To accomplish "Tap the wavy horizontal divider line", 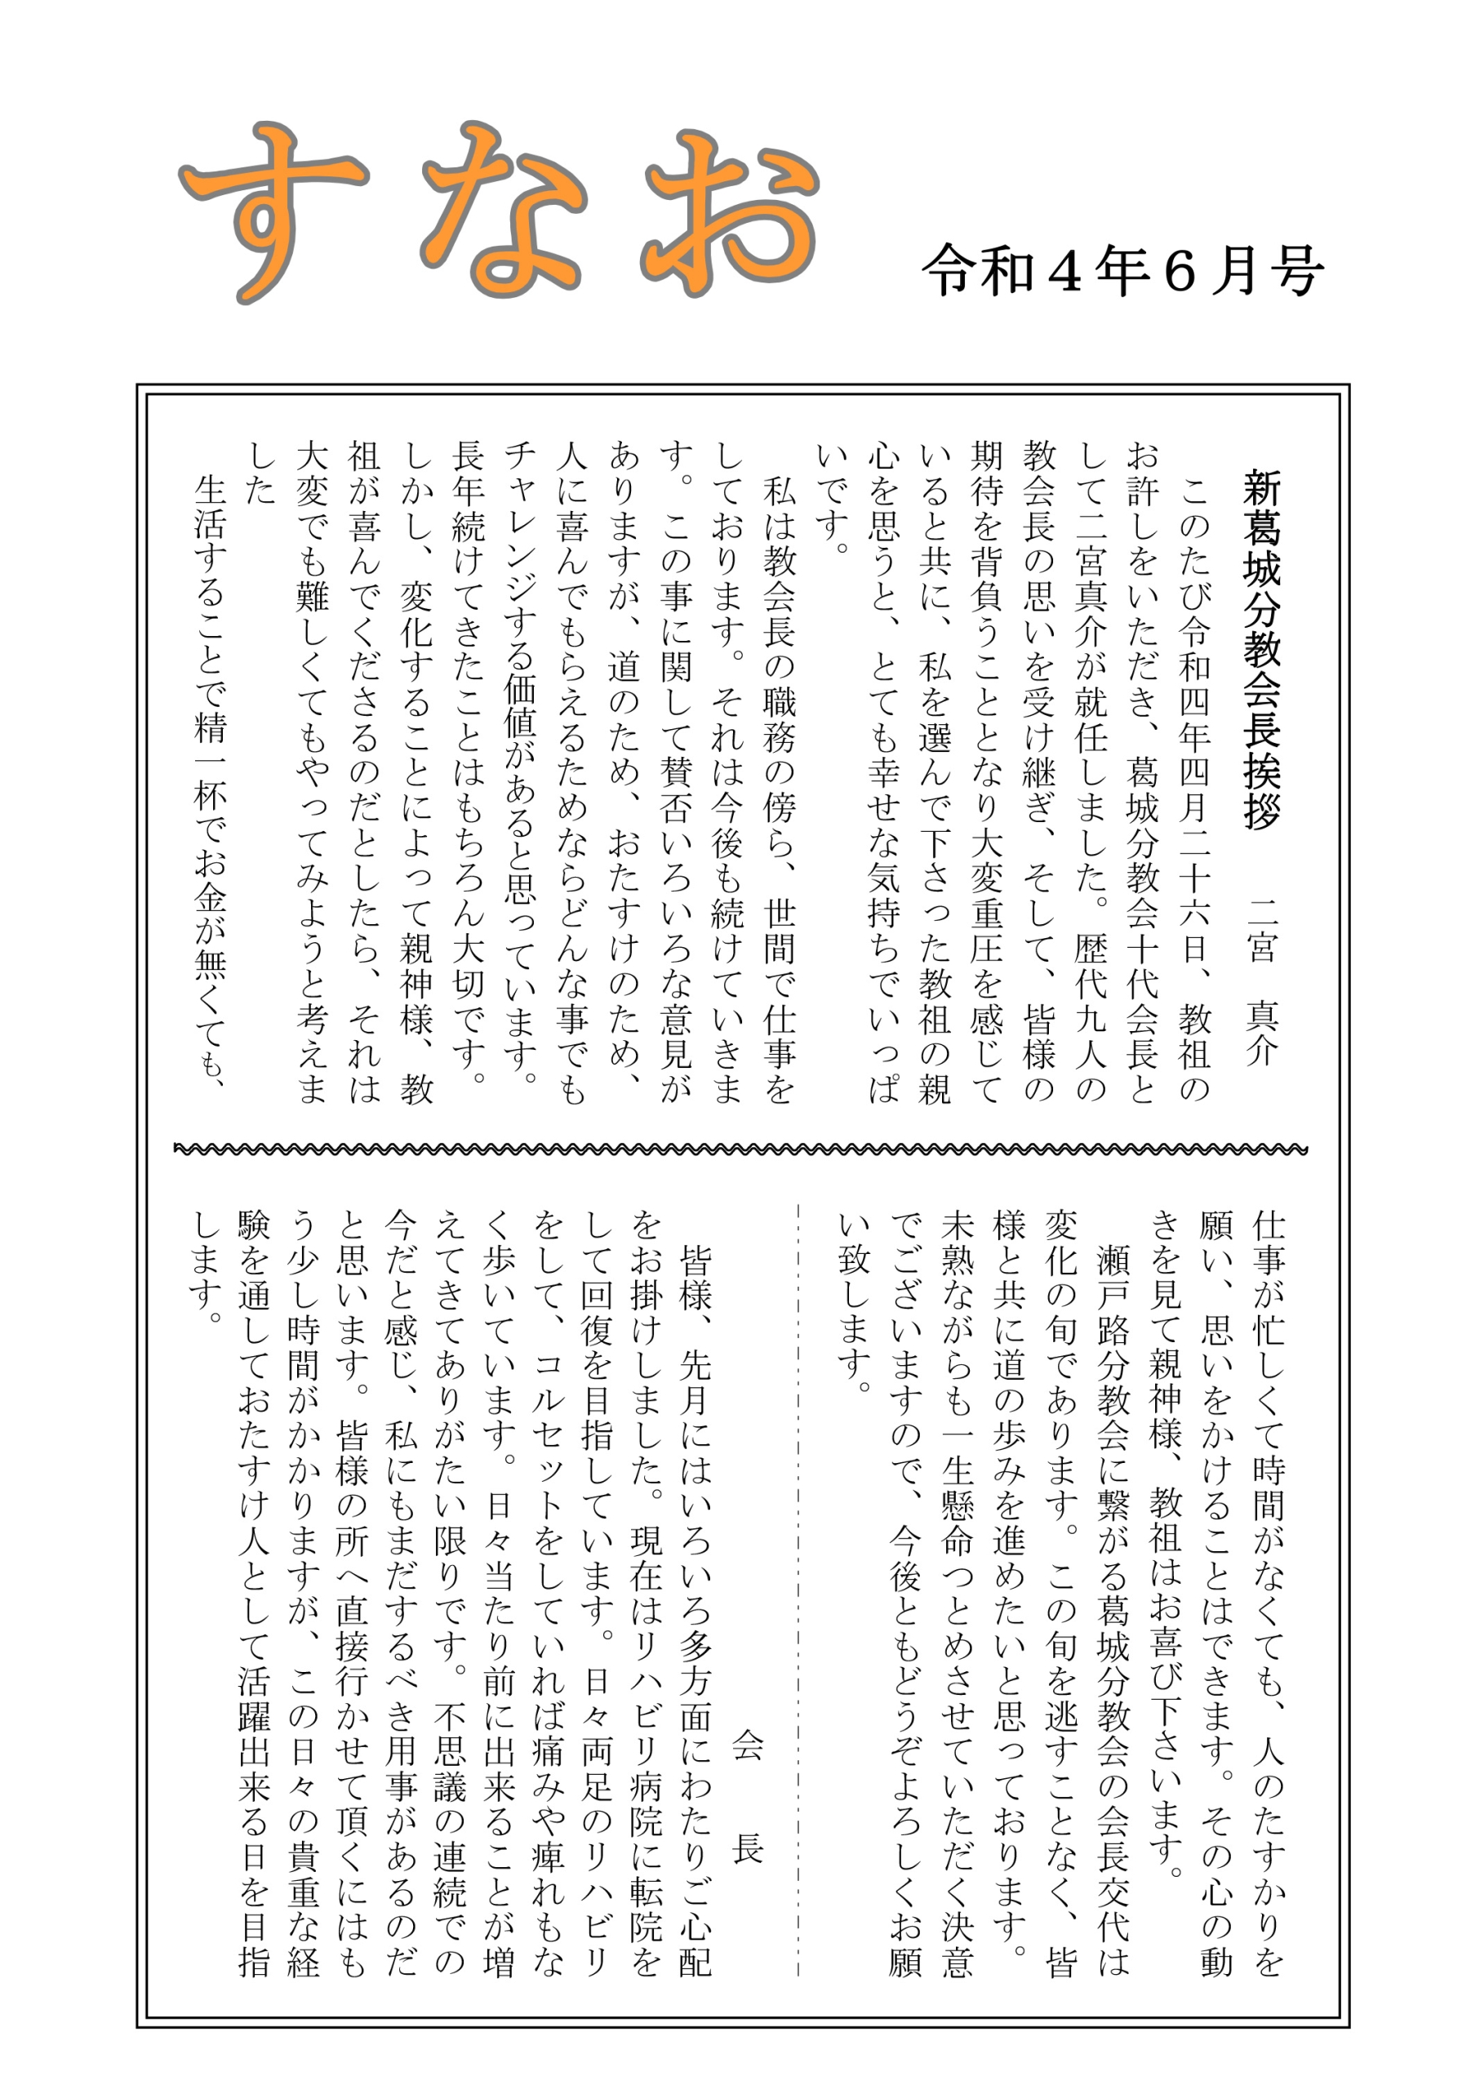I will [x=739, y=1149].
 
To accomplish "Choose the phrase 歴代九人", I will [x=1090, y=1000].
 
